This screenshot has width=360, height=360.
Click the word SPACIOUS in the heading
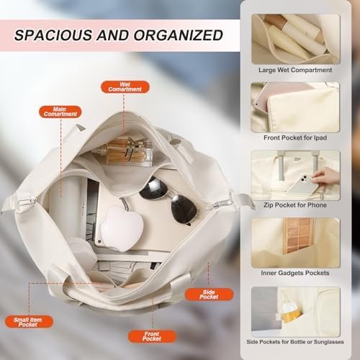[53, 35]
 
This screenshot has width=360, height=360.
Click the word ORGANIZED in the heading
[179, 35]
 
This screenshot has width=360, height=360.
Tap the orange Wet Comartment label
[125, 87]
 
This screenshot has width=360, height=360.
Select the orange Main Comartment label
[60, 112]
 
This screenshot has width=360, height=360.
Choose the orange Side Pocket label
[209, 294]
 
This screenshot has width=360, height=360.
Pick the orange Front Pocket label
[152, 336]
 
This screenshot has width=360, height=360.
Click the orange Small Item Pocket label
[28, 322]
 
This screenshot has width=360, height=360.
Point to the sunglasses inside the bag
[168, 199]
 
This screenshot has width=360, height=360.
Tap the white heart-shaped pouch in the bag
[122, 228]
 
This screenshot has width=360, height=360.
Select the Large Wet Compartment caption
[295, 70]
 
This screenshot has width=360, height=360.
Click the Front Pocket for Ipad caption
[295, 138]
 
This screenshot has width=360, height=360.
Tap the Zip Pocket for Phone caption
[295, 205]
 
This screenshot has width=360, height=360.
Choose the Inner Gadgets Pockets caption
[295, 273]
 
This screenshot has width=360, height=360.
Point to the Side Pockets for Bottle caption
[295, 342]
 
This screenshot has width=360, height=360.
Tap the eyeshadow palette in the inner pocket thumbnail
[298, 235]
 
